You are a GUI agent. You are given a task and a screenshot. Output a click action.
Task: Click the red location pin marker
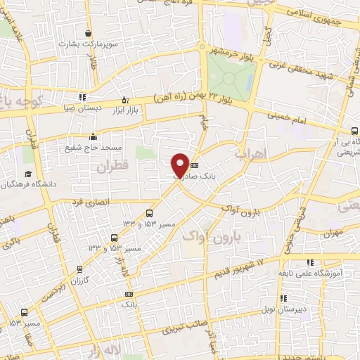pos(180,163)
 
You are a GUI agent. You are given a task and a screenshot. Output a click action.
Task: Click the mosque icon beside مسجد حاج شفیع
pos(94,137)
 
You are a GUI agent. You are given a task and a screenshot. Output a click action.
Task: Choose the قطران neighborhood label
pos(115,167)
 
